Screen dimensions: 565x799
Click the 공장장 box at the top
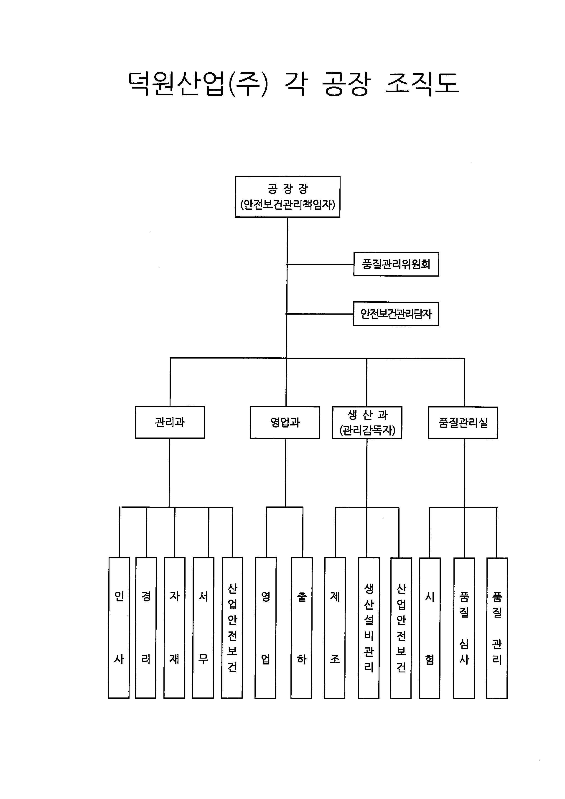(287, 197)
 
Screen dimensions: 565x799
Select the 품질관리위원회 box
(396, 264)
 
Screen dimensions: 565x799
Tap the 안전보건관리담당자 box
(396, 314)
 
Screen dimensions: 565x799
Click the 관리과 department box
(170, 422)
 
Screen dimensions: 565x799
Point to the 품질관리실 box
(463, 423)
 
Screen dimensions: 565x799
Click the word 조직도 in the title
(422, 84)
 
